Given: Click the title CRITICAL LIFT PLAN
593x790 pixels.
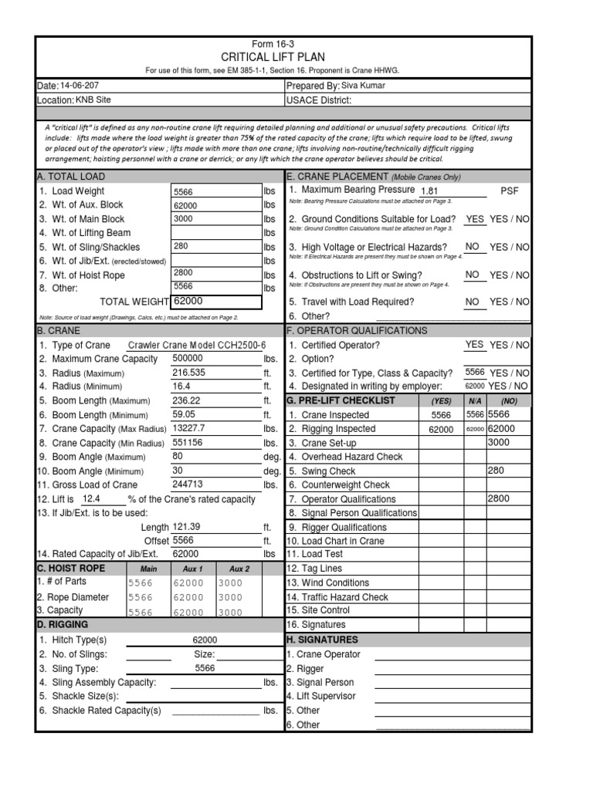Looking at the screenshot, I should [x=273, y=57].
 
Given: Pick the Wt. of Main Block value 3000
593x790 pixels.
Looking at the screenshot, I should [x=185, y=219].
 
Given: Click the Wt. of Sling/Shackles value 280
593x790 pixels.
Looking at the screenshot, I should [x=181, y=247].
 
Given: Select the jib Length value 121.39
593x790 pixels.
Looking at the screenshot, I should [x=186, y=526].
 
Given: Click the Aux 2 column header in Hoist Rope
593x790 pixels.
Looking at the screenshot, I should [x=240, y=569].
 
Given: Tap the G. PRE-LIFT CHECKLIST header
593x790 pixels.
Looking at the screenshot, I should [x=341, y=400].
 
